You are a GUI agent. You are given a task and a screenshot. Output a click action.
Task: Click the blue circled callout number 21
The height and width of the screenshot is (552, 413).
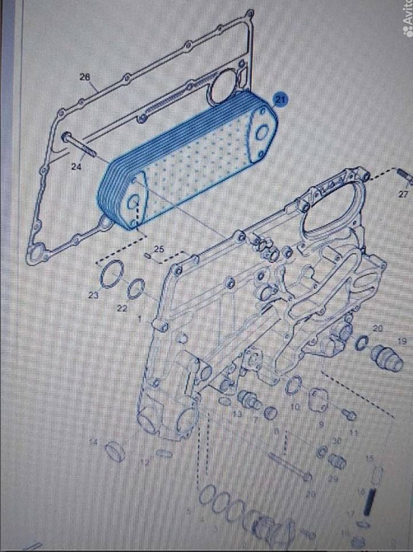click(281, 100)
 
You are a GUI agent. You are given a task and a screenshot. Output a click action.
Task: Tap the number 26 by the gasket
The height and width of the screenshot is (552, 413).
click(85, 77)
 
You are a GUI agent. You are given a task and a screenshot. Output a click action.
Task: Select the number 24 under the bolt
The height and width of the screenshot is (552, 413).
click(76, 166)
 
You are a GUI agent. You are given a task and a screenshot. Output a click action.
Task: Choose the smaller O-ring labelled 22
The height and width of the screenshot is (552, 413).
click(137, 288)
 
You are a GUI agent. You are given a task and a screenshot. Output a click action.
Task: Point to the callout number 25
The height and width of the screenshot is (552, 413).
click(159, 248)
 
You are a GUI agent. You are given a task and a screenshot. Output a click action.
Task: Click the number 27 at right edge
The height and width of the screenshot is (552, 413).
click(403, 194)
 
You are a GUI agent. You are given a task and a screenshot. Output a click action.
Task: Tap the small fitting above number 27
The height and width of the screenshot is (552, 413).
click(402, 175)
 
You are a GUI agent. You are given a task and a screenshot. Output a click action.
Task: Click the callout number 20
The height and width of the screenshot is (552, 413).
click(378, 329)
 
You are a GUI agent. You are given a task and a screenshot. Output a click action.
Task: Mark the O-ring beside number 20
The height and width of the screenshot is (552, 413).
click(362, 342)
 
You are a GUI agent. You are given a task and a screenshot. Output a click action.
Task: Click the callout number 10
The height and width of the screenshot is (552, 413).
click(295, 407)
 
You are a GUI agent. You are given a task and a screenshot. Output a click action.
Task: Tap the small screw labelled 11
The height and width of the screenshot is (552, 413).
click(349, 415)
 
